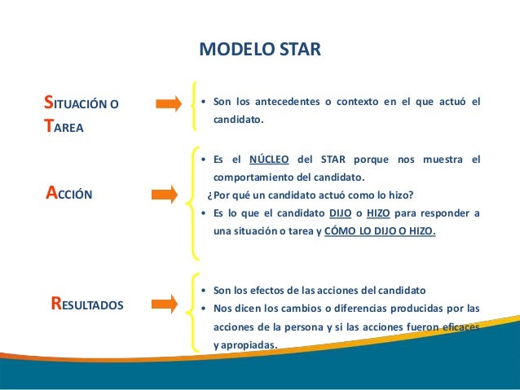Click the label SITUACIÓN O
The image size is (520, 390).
pos(81,103)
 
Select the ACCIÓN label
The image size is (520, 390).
pos(69,194)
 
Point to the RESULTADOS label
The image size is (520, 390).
pos(87,305)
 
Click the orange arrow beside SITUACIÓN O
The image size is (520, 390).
pos(169,103)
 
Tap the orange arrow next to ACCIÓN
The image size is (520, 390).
pos(163,194)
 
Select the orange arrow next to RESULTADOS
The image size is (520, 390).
pos(163,305)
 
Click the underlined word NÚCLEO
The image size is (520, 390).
pos(270,158)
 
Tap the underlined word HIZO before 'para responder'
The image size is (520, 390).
pos(378,214)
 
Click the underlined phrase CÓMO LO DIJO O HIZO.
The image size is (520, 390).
pos(380,230)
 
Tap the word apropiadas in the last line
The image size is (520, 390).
pos(247,344)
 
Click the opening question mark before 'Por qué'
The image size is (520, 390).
pos(209,195)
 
